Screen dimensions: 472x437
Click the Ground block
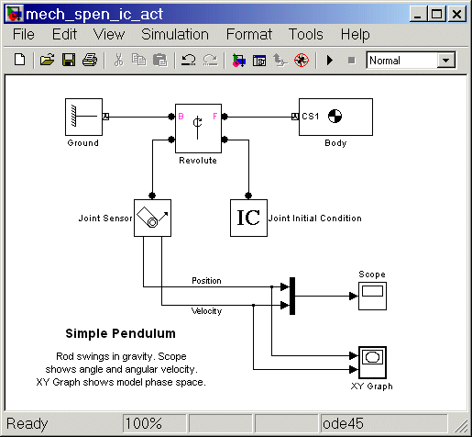coord(83,117)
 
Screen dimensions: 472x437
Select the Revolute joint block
coord(198,129)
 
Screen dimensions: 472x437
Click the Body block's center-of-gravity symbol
coord(335,117)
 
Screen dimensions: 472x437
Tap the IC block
coord(248,218)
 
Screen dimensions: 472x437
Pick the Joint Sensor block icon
coord(152,218)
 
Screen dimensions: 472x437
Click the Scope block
coord(372,296)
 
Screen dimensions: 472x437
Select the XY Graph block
coord(372,363)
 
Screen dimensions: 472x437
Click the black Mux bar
coord(292,296)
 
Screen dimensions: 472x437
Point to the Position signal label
coord(206,281)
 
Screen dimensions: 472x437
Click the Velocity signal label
coord(206,311)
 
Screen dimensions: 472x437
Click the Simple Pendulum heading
coord(120,333)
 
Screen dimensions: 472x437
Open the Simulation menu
coord(175,34)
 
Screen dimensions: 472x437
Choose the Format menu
coord(249,34)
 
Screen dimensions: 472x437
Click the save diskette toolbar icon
coord(69,60)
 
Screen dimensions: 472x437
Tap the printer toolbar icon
coord(90,60)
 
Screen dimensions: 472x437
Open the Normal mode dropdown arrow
coord(445,60)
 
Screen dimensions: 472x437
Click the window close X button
coord(456,14)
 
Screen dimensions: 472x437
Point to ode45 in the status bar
coord(343,424)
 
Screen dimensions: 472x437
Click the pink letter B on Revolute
coord(181,117)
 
